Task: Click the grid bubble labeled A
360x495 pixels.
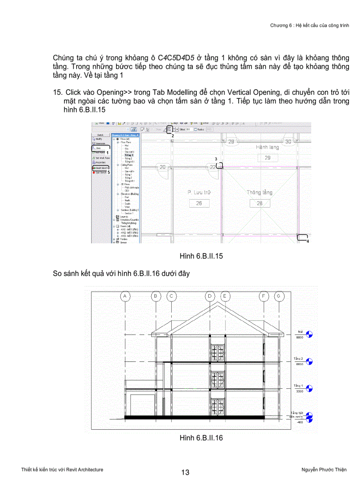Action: [126, 296]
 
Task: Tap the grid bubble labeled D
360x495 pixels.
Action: [211, 296]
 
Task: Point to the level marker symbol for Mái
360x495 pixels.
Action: [309, 334]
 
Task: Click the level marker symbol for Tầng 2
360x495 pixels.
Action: [309, 361]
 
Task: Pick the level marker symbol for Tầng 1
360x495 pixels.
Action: [309, 388]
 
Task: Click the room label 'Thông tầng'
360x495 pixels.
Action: [259, 193]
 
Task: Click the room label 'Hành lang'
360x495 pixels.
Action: [267, 147]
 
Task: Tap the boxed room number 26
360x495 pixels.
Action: [199, 203]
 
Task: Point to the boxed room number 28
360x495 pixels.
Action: [259, 203]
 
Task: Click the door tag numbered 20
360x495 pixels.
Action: [162, 167]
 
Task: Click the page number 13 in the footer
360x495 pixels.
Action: [185, 473]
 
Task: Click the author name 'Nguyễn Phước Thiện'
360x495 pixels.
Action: [321, 469]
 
